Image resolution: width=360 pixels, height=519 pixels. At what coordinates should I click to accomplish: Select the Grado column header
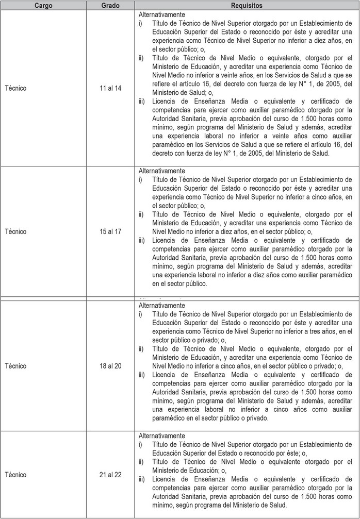click(x=110, y=5)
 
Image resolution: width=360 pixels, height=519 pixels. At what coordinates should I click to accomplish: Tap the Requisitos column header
click(x=247, y=5)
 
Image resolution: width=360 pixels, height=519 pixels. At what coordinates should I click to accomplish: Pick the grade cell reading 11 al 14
click(x=110, y=88)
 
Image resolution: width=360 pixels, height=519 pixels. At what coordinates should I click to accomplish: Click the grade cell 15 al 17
click(x=110, y=231)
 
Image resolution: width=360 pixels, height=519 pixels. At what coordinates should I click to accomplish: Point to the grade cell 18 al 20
click(x=110, y=366)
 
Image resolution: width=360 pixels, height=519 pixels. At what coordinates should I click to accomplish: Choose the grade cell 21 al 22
click(x=110, y=475)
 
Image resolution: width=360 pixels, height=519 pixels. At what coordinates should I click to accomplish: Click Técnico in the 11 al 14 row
click(x=15, y=88)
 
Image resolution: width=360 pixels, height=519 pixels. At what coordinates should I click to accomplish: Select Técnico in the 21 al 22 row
click(x=15, y=475)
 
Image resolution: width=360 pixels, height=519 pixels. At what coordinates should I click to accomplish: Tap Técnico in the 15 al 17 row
click(x=15, y=231)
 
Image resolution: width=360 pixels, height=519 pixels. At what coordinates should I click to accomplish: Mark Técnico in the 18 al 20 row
click(x=15, y=366)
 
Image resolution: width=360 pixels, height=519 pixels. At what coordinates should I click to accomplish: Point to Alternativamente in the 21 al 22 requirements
click(x=162, y=436)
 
